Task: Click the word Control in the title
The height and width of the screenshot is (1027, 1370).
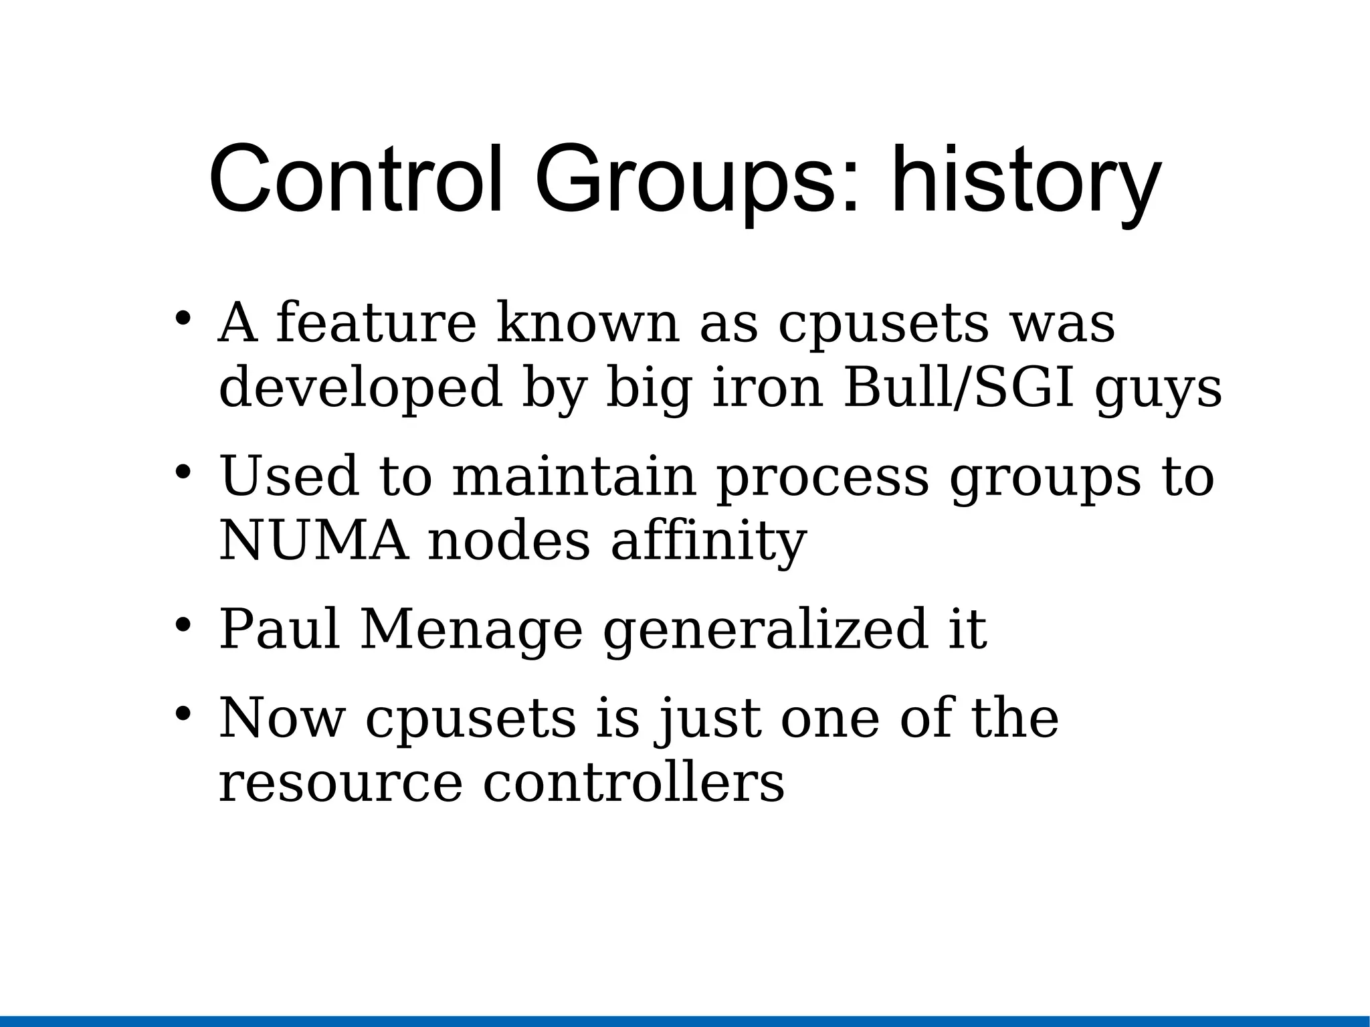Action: pyautogui.click(x=355, y=179)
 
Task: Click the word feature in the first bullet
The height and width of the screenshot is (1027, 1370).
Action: pyautogui.click(x=376, y=323)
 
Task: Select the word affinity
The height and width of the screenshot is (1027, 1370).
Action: pyautogui.click(x=708, y=542)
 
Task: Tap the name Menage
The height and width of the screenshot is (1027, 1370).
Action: pyautogui.click(x=471, y=631)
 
